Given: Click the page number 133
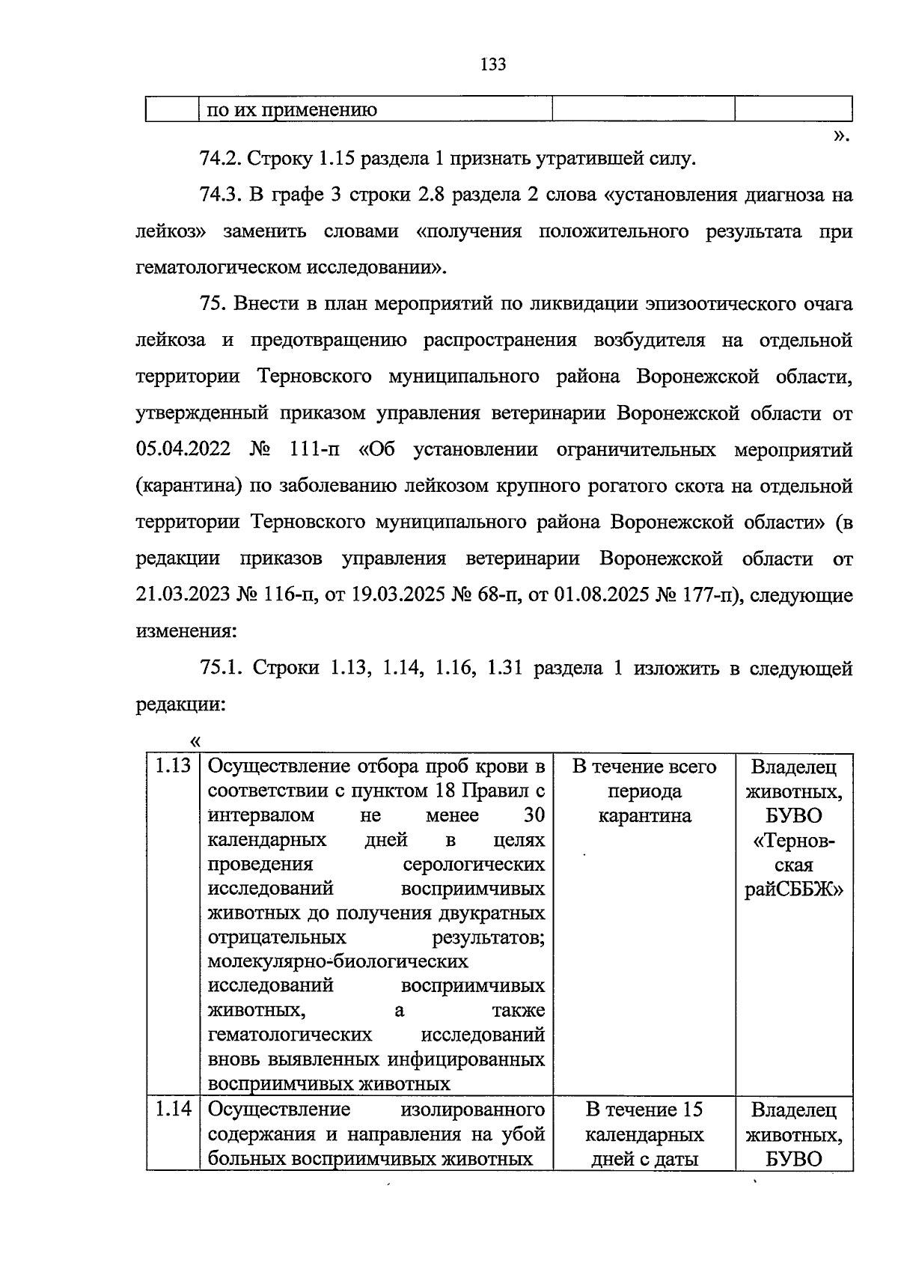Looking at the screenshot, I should (x=493, y=64).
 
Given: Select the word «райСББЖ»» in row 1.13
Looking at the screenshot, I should (x=794, y=889).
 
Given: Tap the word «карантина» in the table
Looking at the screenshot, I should (x=644, y=815).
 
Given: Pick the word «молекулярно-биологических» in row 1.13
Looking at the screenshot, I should (x=337, y=961).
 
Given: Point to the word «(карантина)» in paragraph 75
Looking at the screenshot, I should (x=189, y=486).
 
